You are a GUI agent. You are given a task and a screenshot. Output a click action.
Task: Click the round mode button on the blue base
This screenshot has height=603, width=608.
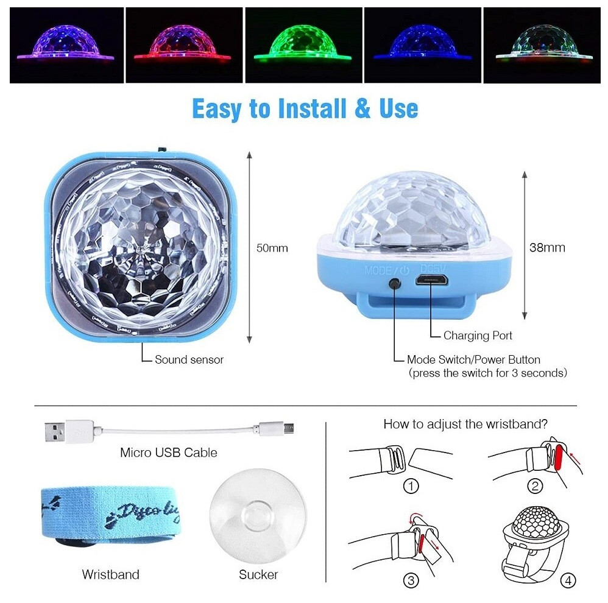(396, 284)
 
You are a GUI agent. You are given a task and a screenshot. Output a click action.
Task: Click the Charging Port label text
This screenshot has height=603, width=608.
(478, 336)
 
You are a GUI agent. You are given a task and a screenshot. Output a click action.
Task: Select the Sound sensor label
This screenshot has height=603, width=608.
(189, 360)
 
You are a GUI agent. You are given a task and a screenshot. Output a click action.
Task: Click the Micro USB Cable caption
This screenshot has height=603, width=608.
(168, 453)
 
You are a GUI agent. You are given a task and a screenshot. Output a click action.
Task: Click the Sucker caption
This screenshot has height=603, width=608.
(258, 574)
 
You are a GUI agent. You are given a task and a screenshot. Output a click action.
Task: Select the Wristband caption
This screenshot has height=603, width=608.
(110, 574)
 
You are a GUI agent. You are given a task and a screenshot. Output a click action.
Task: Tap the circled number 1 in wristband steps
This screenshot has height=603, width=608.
(412, 486)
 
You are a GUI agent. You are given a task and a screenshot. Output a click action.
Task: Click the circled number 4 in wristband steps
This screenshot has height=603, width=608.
(567, 581)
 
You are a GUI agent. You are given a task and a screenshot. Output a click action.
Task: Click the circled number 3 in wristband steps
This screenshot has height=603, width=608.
(412, 581)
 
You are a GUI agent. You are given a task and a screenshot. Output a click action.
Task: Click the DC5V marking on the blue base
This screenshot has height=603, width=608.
(434, 267)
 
